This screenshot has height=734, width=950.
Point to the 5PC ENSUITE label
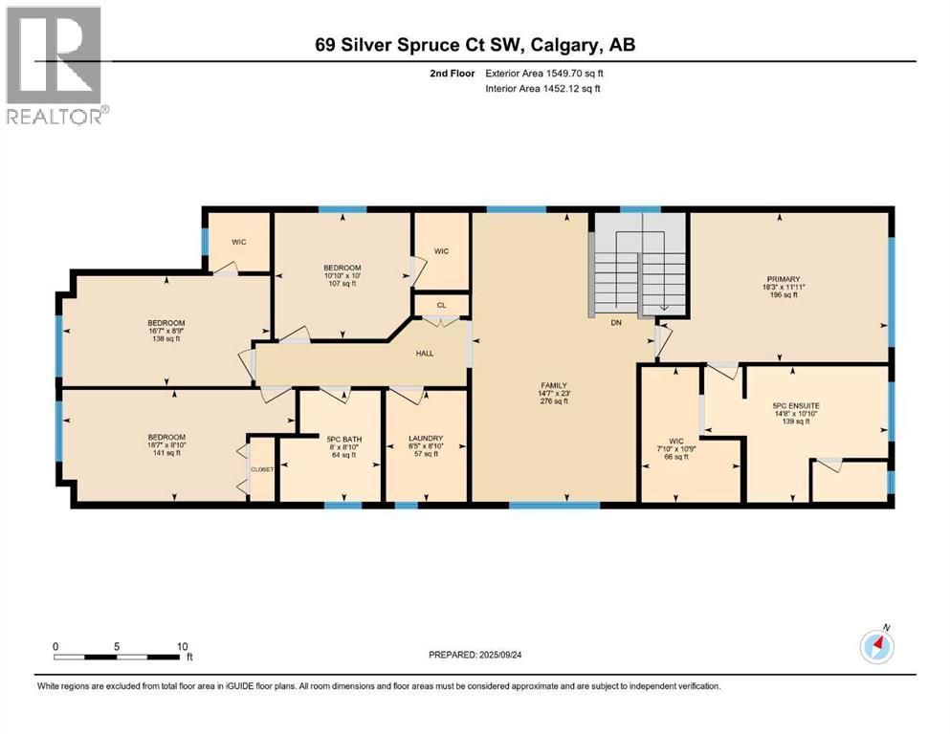click(x=795, y=405)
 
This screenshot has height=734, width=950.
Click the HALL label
click(x=424, y=354)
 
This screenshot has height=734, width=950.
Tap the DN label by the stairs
click(x=618, y=323)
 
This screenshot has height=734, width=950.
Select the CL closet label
click(x=441, y=307)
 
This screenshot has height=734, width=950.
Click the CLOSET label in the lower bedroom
click(x=261, y=470)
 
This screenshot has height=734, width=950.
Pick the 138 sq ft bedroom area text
click(x=166, y=339)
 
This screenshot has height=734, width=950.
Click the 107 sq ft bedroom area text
click(x=342, y=283)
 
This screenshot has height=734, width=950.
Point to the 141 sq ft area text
click(x=166, y=452)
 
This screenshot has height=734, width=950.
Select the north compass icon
click(x=876, y=647)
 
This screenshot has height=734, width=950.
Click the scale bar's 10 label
click(x=181, y=646)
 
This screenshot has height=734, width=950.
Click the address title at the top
click(x=475, y=44)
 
